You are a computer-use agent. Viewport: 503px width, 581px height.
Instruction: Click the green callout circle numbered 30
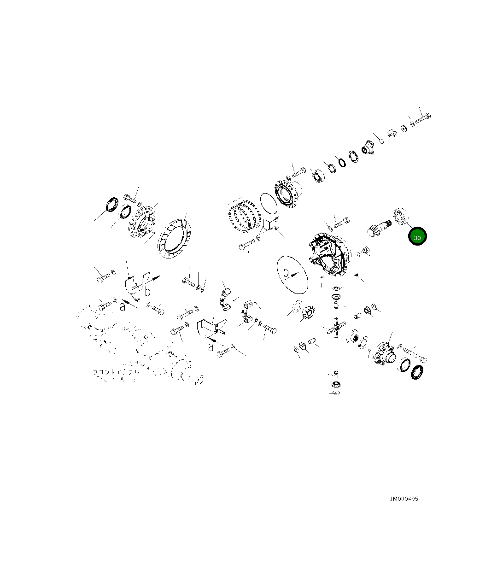click(417, 237)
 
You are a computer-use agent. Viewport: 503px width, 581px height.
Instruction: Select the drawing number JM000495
click(404, 499)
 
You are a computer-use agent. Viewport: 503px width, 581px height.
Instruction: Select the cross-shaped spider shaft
click(336, 329)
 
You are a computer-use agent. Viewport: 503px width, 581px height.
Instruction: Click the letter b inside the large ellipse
click(287, 272)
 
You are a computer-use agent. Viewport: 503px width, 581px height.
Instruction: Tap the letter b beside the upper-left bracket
click(148, 292)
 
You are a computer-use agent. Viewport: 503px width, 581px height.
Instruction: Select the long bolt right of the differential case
click(415, 354)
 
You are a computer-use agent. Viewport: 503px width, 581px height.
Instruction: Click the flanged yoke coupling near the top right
click(369, 147)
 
